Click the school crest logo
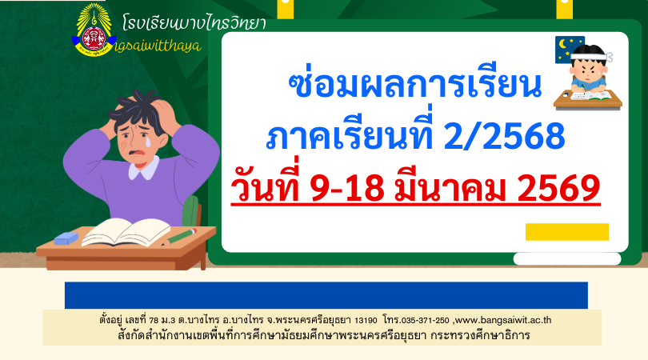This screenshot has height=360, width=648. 94,34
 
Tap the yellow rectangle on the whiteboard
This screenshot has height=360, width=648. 566,232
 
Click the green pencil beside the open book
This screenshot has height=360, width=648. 181,235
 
